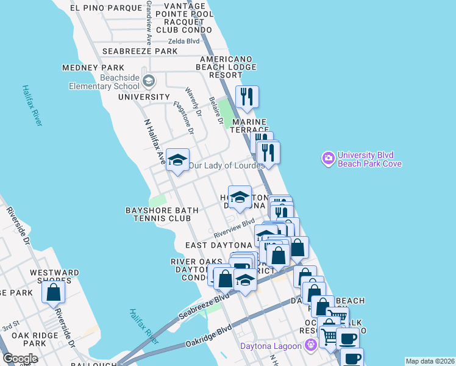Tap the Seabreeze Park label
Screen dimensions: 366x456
point(140,52)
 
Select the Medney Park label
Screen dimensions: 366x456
point(93,68)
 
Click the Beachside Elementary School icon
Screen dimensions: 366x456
point(148,81)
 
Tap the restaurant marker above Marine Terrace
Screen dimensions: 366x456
point(247,97)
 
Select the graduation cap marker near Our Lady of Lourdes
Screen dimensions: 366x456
point(177,160)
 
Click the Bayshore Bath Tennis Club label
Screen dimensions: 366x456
point(162,214)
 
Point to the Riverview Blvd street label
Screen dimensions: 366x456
point(233,229)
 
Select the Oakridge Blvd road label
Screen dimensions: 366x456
point(209,337)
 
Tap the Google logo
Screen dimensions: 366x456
point(20,359)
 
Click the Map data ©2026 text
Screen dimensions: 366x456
point(430,361)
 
